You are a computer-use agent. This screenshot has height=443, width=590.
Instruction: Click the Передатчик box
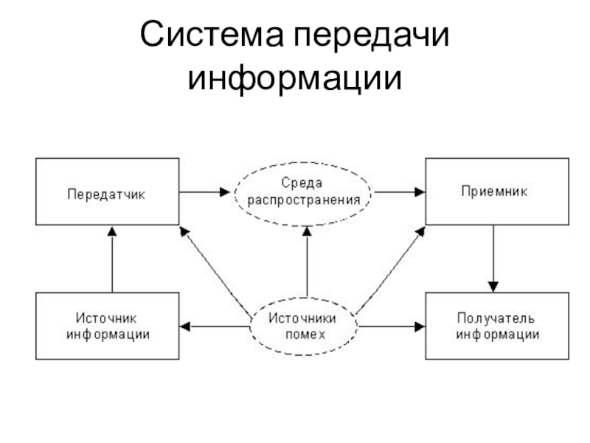(107, 191)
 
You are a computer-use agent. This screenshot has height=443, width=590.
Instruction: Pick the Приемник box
(496, 191)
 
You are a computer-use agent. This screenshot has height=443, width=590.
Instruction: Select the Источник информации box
(107, 326)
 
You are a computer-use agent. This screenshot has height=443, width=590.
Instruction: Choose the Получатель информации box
(496, 326)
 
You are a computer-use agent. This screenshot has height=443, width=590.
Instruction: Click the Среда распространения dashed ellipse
(303, 191)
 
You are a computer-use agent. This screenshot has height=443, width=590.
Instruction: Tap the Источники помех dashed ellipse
(303, 326)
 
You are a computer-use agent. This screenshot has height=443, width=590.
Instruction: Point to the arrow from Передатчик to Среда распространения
(206, 191)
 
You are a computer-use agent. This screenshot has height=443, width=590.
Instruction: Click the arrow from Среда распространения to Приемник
(398, 191)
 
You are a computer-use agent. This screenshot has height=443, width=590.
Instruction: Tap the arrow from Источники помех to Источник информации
(214, 325)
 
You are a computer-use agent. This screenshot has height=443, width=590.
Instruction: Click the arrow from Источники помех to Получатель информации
(391, 325)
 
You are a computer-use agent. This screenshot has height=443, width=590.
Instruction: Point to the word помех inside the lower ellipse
(303, 333)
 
